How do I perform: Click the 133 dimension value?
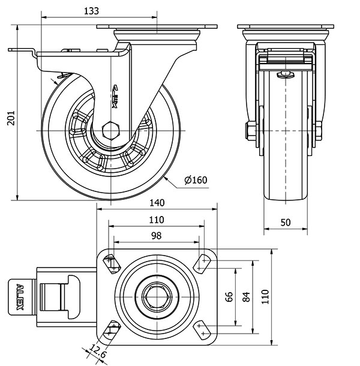pyautogui.click(x=91, y=11)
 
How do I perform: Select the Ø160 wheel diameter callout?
pyautogui.click(x=196, y=180)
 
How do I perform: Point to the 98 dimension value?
pyautogui.click(x=156, y=236)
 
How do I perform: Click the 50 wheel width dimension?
pyautogui.click(x=286, y=222)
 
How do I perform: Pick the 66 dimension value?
pyautogui.click(x=228, y=296)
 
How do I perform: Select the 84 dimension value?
pyautogui.click(x=245, y=296)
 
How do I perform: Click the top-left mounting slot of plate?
pyautogui.click(x=112, y=262)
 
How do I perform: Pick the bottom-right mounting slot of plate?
pyautogui.click(x=202, y=328)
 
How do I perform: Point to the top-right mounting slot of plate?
pyautogui.click(x=203, y=262)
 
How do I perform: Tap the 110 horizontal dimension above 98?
pyautogui.click(x=156, y=220)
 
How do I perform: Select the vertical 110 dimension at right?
pyautogui.click(x=264, y=296)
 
